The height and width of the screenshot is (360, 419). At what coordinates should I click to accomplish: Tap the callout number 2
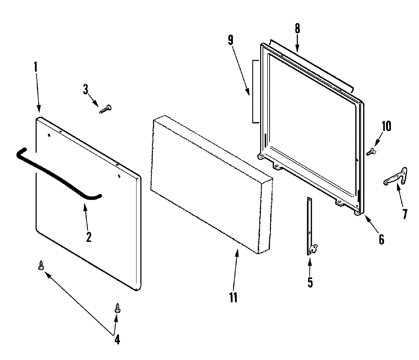pos(88,237)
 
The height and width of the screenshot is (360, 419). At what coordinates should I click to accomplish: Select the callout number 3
pos(86,89)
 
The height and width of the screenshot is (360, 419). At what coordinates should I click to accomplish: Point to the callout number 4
pos(117,339)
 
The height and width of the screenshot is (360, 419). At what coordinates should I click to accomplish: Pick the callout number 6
pos(381,239)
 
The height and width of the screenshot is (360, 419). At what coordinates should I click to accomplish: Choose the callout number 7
pos(405,213)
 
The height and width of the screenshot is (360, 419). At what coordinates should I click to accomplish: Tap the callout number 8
pos(297,29)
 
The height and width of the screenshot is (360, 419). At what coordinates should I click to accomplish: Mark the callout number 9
pos(230,40)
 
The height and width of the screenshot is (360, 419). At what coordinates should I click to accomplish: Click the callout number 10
pos(387,126)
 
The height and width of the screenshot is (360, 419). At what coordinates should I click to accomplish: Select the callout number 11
pos(233,297)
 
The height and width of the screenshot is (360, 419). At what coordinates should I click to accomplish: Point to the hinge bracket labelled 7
pos(396,177)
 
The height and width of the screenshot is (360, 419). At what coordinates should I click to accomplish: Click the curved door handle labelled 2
pos(56,171)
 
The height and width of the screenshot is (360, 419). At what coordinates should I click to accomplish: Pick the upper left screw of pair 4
pos(42,266)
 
